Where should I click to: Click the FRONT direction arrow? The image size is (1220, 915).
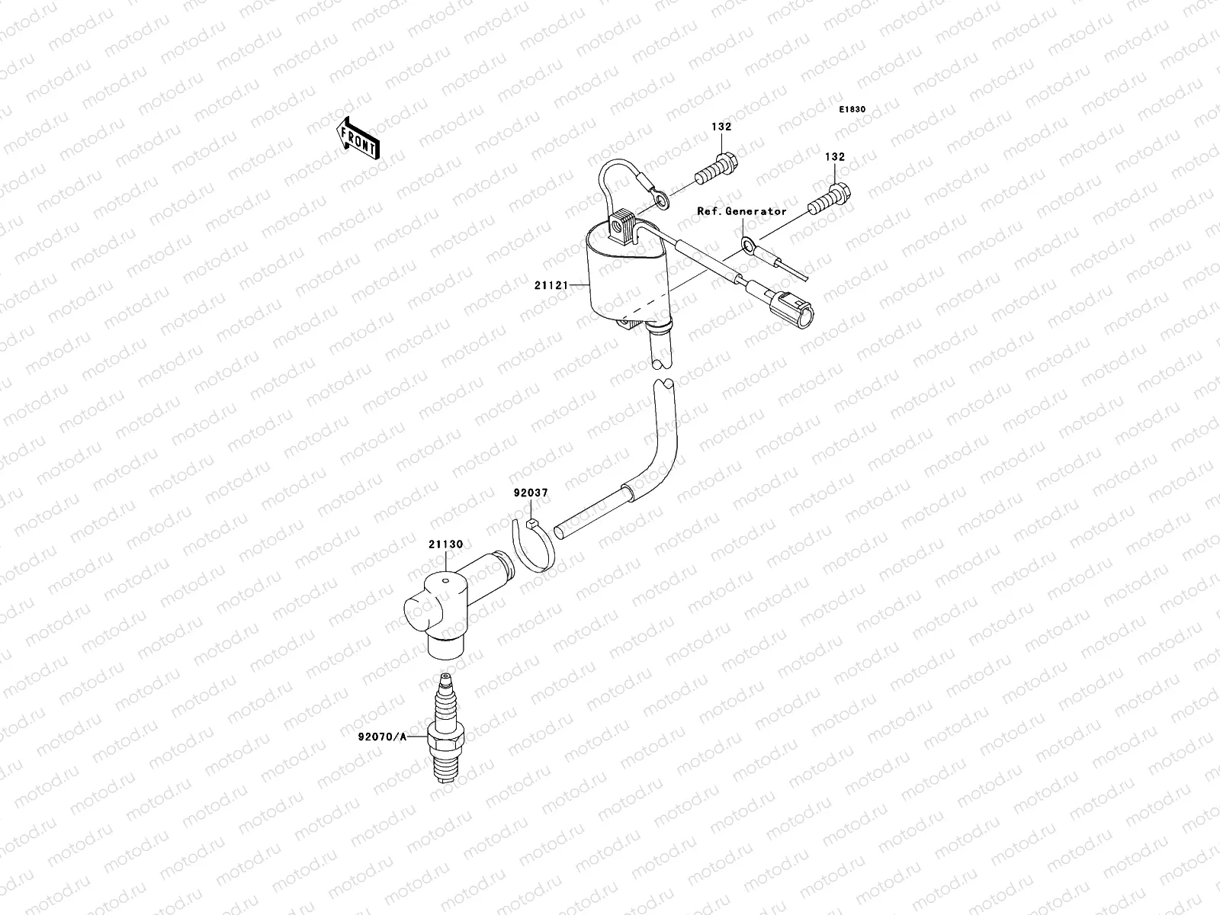point(359,137)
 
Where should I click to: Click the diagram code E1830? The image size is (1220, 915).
point(852,110)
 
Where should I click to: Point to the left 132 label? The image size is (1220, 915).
point(721,126)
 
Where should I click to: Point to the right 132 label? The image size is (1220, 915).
point(835,156)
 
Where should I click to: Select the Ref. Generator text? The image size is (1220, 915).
point(742,211)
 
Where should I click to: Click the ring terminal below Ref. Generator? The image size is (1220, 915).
point(749,245)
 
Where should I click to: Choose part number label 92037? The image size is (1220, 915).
point(530,493)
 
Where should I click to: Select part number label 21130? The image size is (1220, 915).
point(445,544)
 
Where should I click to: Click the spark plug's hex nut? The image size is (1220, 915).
point(446,734)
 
